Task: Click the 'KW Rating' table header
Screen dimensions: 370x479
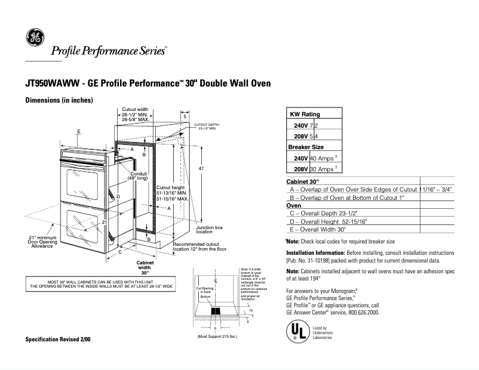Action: tap(305, 114)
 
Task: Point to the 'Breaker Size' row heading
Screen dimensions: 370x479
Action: tap(306, 147)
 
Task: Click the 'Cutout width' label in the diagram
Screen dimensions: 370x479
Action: tap(135, 110)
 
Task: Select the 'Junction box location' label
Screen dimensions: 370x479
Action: tap(209, 229)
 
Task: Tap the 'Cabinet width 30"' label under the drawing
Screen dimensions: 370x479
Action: tap(146, 268)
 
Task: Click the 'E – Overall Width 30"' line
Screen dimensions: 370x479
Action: tap(317, 229)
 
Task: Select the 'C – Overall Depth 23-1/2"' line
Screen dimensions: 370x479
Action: tap(319, 212)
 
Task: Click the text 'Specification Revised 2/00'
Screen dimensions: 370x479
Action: tap(58, 339)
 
